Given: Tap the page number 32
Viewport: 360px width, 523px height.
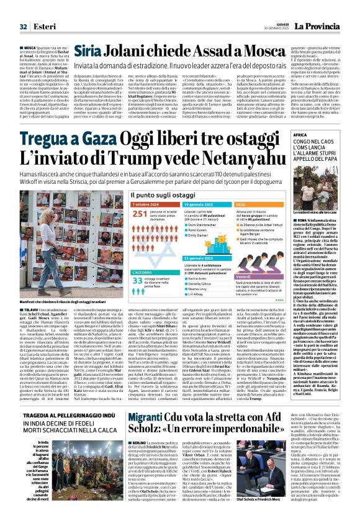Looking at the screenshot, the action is (23, 9).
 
